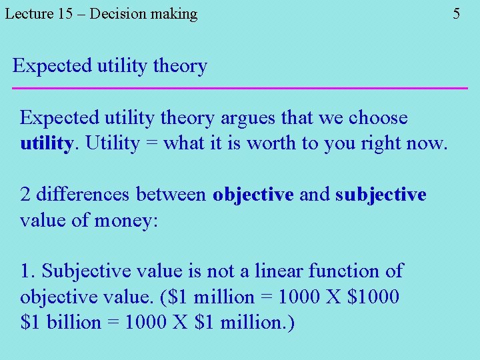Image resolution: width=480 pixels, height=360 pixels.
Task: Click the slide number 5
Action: (456, 13)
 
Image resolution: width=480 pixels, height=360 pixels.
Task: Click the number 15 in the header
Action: (65, 13)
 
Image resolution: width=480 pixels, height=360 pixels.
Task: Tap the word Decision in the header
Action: (114, 13)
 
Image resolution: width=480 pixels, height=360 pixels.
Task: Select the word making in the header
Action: (170, 14)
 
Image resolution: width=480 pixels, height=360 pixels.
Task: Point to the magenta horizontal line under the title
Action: (240, 88)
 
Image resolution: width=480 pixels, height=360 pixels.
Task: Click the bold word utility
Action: (45, 143)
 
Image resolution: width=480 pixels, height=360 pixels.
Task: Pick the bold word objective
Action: (253, 195)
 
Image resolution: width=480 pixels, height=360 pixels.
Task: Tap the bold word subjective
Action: (381, 195)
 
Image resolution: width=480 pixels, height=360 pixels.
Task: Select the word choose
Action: (378, 118)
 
